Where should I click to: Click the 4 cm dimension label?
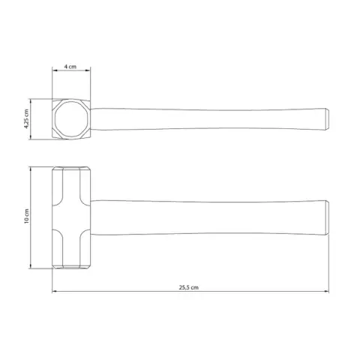click(70, 67)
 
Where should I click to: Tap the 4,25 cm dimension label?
click(26, 119)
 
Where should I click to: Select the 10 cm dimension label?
click(26, 216)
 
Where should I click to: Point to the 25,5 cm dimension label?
click(189, 287)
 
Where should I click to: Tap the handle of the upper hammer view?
click(209, 119)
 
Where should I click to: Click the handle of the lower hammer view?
click(209, 217)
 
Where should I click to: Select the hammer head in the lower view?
click(71, 217)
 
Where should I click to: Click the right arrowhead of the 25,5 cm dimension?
click(326, 292)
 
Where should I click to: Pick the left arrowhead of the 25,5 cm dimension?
click(55, 292)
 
